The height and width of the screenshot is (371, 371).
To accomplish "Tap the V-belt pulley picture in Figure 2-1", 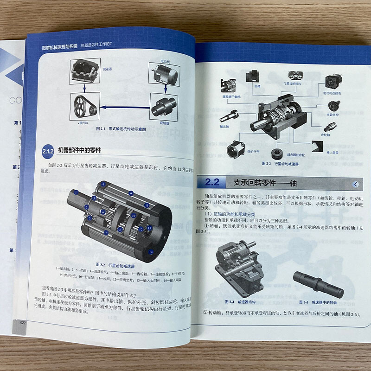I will [85, 106].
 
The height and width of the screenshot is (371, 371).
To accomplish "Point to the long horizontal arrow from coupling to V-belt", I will [125, 107].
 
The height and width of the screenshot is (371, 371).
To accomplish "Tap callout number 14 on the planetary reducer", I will [151, 252].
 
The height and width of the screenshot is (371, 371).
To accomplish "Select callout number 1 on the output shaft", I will [76, 192].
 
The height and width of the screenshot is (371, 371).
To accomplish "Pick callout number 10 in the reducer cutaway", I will [133, 216].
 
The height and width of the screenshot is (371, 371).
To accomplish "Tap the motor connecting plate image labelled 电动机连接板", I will [330, 81].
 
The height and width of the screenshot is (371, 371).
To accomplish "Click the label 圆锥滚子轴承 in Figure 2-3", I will [231, 97].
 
